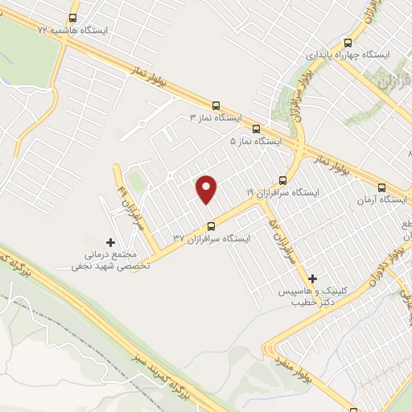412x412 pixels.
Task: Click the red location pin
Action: tap(208, 189)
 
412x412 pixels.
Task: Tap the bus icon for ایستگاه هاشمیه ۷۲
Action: tap(74, 17)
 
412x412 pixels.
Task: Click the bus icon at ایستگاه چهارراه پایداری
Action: tap(348, 42)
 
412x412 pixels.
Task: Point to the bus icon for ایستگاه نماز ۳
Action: tap(215, 105)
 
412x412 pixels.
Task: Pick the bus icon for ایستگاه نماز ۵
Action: tap(256, 128)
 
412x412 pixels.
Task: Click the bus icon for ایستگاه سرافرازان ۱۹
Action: tap(282, 180)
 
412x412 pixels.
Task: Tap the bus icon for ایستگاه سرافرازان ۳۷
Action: tap(211, 225)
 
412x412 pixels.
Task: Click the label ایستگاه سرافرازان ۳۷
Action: tap(211, 238)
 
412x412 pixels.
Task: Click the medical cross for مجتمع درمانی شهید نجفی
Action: tap(111, 241)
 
